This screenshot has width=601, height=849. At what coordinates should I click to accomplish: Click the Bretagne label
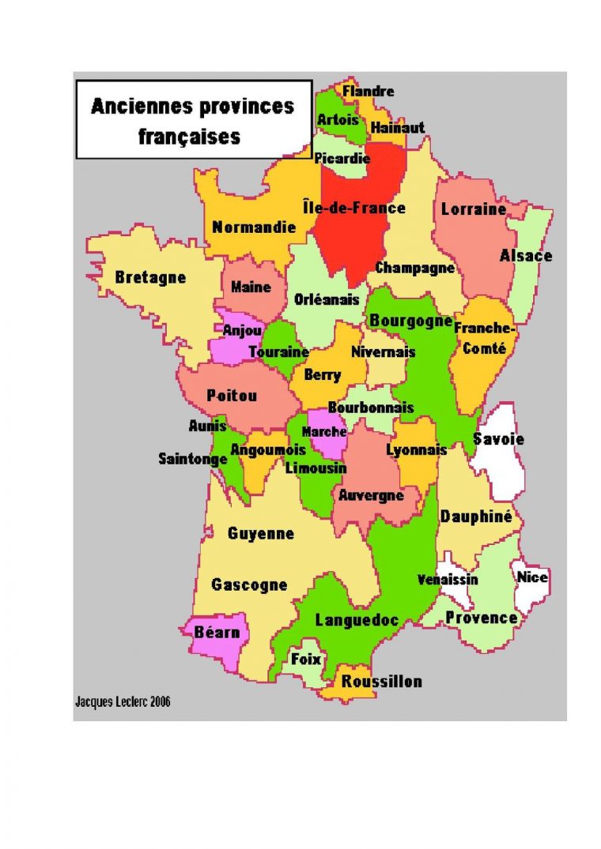(x=150, y=278)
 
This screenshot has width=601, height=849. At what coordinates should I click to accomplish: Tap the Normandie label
(x=253, y=227)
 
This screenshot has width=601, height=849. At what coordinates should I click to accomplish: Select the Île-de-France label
(x=353, y=208)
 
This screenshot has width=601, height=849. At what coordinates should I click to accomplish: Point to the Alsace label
(x=525, y=256)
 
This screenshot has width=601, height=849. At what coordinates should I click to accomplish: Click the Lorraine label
(x=473, y=210)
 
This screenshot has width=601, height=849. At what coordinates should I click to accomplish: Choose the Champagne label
(x=414, y=268)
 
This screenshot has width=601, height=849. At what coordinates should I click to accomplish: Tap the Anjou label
(x=237, y=331)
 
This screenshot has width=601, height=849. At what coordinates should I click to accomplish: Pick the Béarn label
(x=217, y=633)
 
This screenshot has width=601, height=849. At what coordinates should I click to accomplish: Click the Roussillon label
(x=381, y=682)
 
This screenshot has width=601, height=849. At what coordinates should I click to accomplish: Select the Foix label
(x=306, y=658)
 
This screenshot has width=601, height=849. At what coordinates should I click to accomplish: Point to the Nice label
(x=532, y=577)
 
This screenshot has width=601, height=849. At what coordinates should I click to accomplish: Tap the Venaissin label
(x=448, y=580)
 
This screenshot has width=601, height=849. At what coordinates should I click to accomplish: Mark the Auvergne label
(x=371, y=495)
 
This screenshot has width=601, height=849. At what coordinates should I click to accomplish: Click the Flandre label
(x=368, y=92)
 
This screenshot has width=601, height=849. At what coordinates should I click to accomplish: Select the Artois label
(x=338, y=119)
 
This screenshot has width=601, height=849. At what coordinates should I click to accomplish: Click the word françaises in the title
(x=190, y=136)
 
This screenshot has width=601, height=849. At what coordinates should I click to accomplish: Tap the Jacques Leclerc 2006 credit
(x=123, y=701)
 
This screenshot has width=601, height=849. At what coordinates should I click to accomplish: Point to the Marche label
(x=324, y=432)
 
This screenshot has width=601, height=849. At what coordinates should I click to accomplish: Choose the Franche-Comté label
(x=485, y=338)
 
